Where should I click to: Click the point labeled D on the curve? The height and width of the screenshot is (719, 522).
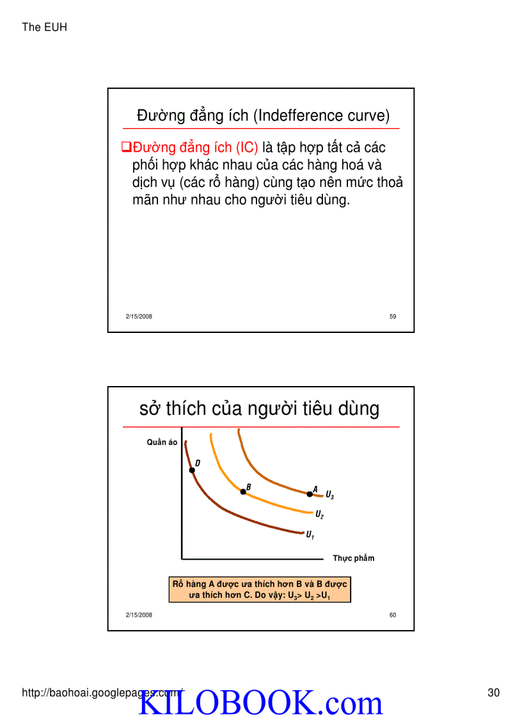(192, 470)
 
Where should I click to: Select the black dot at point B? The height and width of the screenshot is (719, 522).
(242, 492)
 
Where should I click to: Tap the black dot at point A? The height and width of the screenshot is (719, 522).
(310, 494)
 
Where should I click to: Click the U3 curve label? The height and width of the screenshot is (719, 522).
(329, 495)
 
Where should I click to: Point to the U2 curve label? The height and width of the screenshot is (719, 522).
(319, 514)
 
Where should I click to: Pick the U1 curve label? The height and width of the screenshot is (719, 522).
(310, 535)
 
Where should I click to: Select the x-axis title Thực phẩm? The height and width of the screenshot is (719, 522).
(353, 558)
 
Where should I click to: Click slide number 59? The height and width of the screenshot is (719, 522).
(393, 316)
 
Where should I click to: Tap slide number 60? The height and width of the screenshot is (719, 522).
(393, 615)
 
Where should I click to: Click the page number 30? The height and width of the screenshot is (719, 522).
(493, 692)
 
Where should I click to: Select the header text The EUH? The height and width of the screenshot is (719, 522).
(44, 27)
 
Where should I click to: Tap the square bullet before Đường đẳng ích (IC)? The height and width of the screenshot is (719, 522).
(126, 148)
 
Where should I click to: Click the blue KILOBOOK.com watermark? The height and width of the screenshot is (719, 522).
(260, 704)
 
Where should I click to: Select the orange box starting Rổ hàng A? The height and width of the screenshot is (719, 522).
(260, 590)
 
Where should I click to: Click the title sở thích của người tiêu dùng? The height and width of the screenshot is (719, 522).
(259, 408)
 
